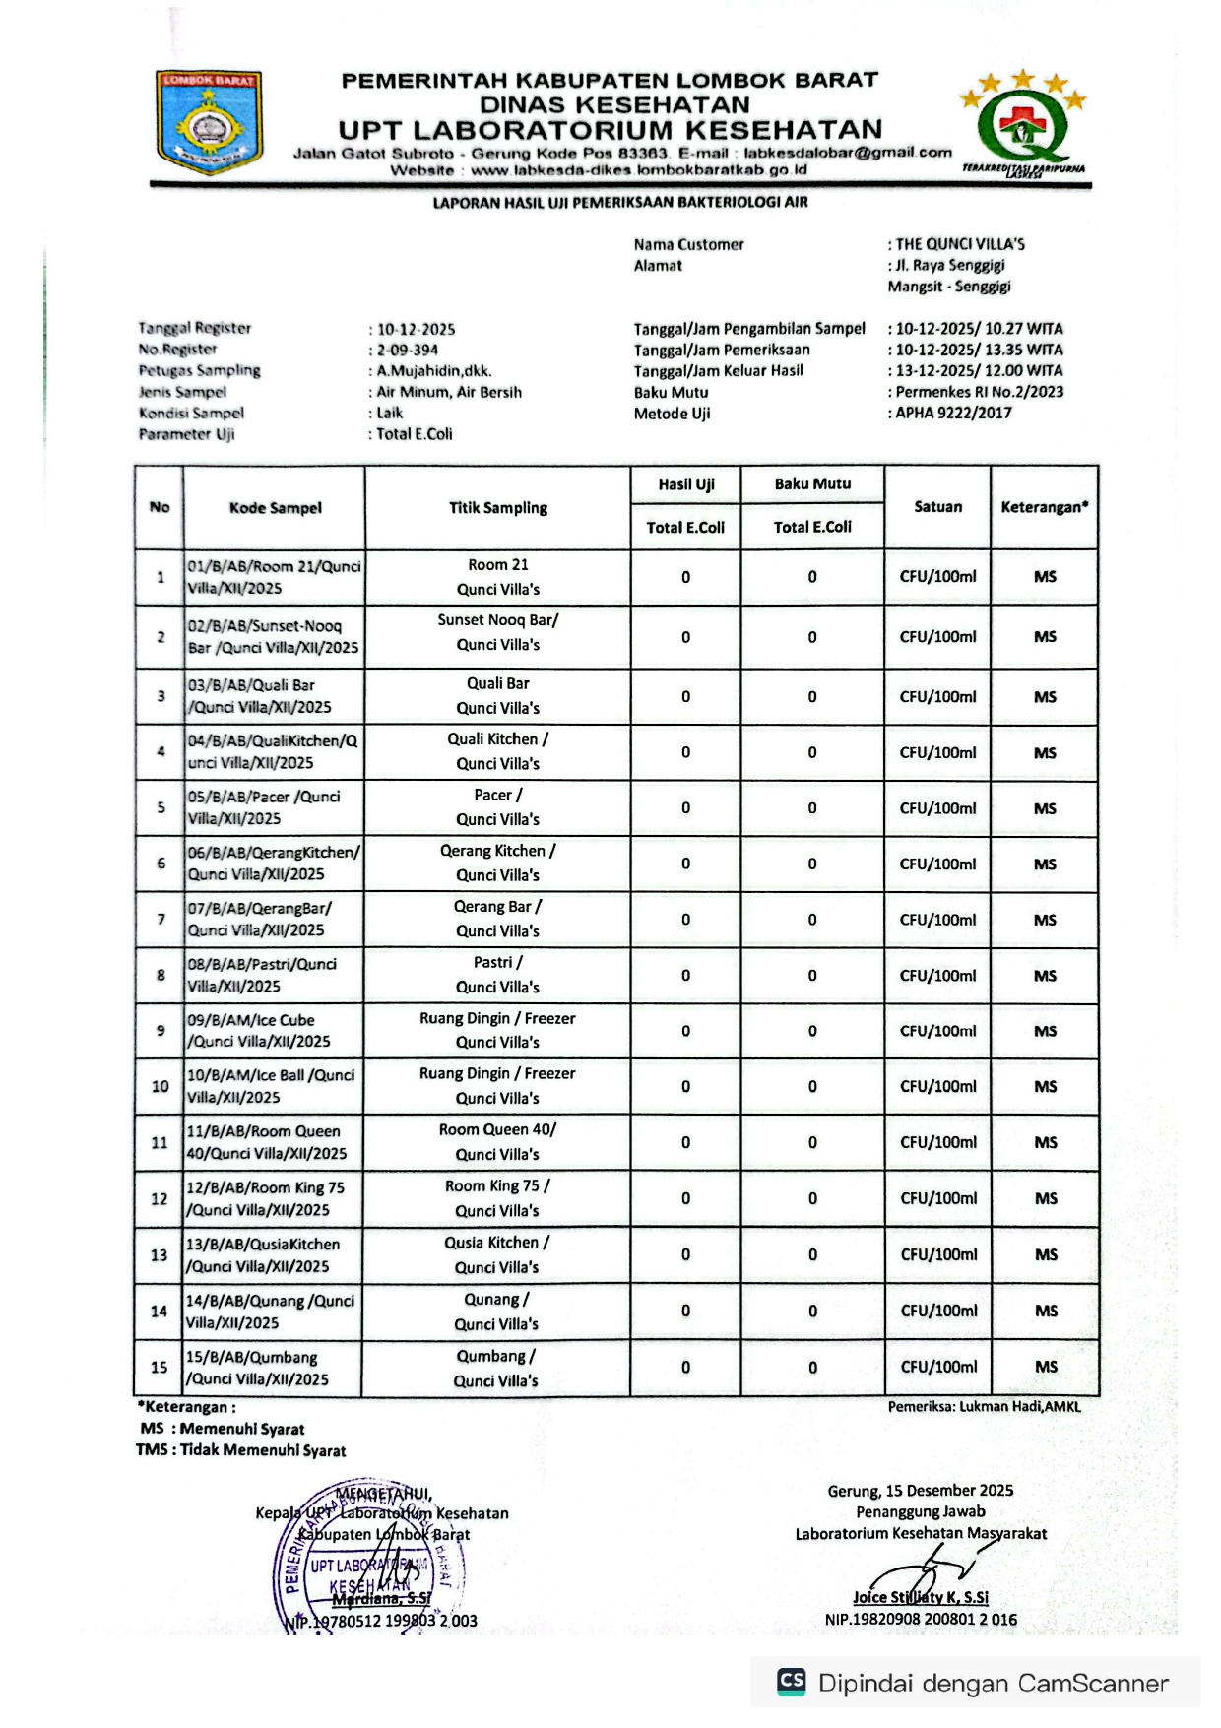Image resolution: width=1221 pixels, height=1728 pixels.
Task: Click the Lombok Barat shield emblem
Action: click(x=208, y=122)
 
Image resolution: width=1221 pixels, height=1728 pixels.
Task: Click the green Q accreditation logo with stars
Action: click(x=1024, y=124)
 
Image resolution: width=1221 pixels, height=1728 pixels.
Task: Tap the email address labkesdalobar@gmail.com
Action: click(x=847, y=153)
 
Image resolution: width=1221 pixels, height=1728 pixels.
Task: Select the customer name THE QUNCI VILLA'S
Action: click(x=959, y=244)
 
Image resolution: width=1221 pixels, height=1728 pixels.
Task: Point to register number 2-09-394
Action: click(x=408, y=351)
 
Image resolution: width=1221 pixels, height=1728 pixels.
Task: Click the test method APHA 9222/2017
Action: click(x=953, y=414)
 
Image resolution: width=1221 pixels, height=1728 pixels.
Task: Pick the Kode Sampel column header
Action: click(x=275, y=508)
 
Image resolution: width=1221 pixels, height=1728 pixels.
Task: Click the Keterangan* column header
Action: click(x=1044, y=507)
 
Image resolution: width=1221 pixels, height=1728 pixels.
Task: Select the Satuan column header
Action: click(x=937, y=507)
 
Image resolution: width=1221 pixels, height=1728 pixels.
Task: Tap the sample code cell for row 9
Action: click(x=273, y=1031)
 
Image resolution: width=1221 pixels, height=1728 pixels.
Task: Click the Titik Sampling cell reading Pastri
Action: click(x=497, y=975)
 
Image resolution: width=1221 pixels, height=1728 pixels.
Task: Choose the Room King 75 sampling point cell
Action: click(x=497, y=1198)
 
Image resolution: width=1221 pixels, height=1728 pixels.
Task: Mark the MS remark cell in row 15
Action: click(x=1046, y=1367)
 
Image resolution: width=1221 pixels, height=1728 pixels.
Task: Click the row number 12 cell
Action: click(x=160, y=1199)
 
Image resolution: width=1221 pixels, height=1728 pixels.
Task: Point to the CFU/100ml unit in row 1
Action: click(x=937, y=577)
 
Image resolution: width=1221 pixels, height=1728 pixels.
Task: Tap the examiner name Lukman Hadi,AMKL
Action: click(x=984, y=1407)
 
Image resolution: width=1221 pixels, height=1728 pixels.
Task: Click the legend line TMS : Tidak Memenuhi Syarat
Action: click(x=241, y=1450)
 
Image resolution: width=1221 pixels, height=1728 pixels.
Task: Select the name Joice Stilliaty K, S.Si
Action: click(x=921, y=1597)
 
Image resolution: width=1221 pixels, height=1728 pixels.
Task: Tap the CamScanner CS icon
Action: click(x=791, y=1682)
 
